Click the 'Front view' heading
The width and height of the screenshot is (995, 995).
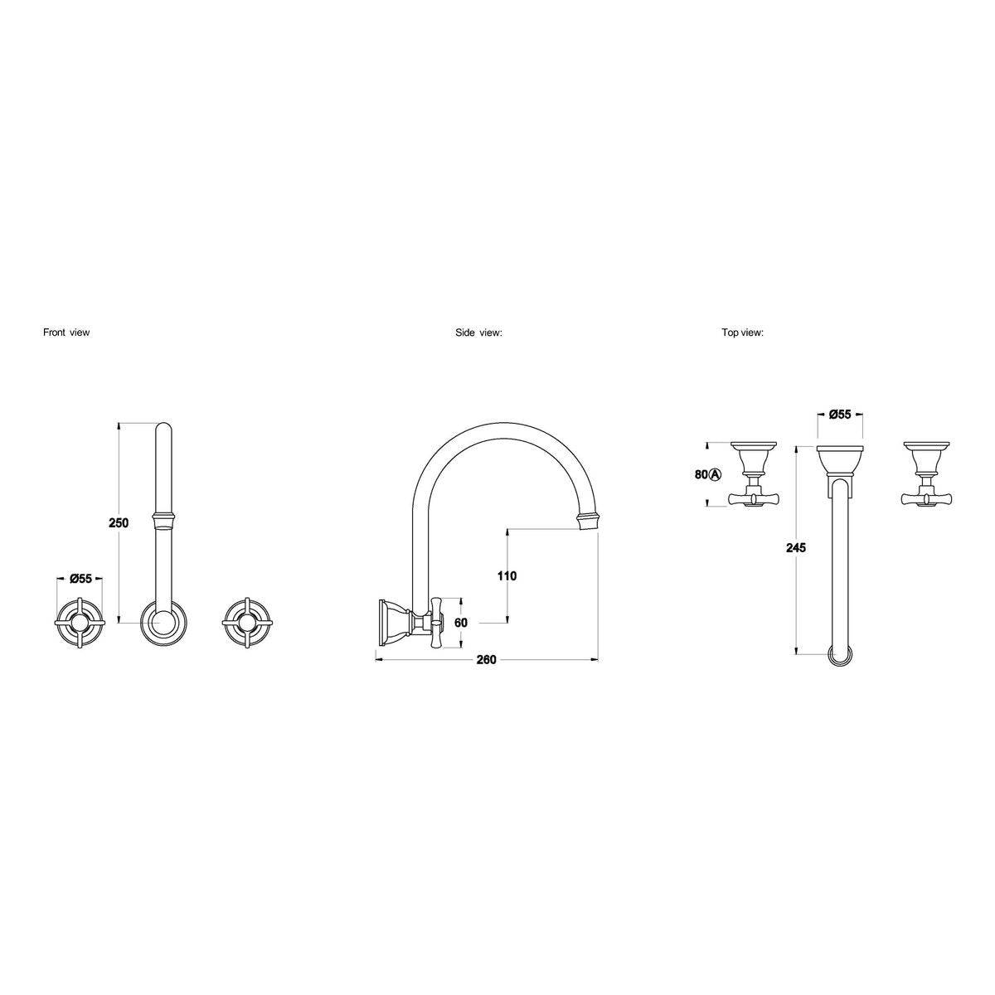click(x=66, y=332)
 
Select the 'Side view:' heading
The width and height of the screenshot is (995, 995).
click(x=478, y=333)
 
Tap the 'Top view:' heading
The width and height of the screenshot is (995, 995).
click(x=742, y=333)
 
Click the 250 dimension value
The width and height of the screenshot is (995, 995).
click(x=119, y=523)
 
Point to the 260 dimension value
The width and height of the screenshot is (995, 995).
click(x=486, y=660)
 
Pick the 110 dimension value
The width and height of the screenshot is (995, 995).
click(x=507, y=575)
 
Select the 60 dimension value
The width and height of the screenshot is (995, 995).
click(x=460, y=623)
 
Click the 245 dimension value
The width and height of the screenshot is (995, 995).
click(x=796, y=548)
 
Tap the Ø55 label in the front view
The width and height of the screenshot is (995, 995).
click(x=80, y=579)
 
